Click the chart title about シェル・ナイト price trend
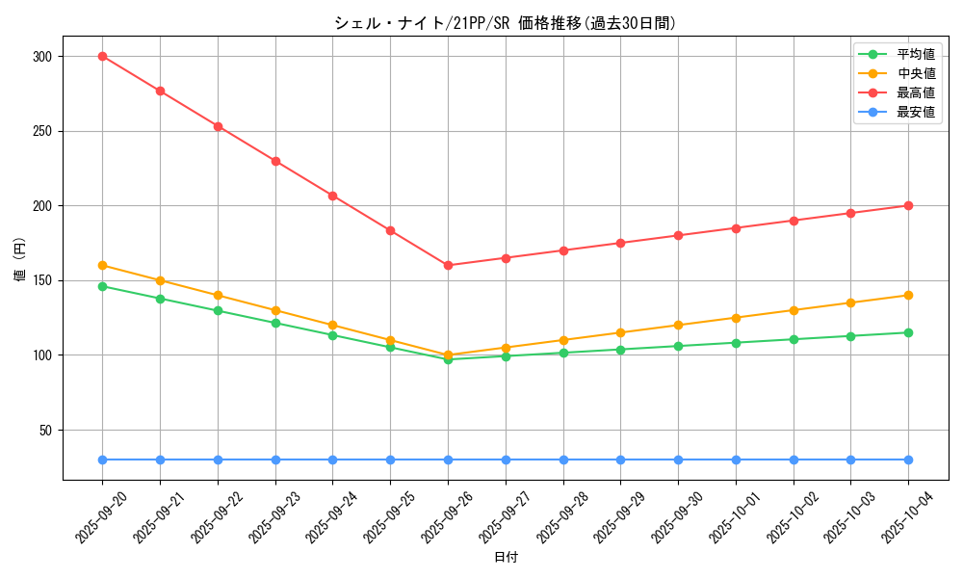tap(506, 23)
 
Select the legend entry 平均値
tap(916, 54)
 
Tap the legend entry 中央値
tap(916, 73)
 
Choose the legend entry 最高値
tap(916, 92)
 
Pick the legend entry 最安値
tap(916, 112)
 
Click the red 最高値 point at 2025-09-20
tap(102, 56)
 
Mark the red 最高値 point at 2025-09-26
tap(448, 265)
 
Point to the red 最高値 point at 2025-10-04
tap(908, 205)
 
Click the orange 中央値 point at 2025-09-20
tap(102, 265)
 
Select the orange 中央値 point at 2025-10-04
tap(908, 295)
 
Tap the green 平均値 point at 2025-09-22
tap(218, 310)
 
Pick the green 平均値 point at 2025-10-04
tap(908, 332)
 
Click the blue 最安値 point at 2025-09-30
tap(678, 460)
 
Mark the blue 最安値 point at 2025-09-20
tap(102, 460)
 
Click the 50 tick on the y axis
tap(44, 431)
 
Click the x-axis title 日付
tap(506, 558)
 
